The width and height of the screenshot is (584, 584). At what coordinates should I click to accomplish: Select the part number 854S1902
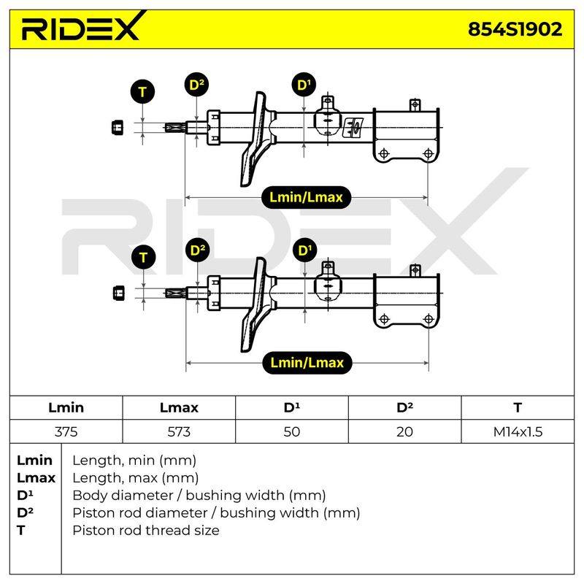[515, 29]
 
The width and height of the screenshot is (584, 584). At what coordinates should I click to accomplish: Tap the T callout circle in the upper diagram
[142, 92]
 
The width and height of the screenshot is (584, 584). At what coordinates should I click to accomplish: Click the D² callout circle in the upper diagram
[196, 85]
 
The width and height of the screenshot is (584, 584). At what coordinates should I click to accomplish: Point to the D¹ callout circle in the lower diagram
[304, 250]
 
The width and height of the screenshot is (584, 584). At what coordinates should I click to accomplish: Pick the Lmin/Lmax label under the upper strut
[306, 197]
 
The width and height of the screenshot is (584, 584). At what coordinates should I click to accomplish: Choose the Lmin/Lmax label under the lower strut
[307, 362]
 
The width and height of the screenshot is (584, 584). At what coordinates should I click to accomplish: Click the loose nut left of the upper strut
[118, 127]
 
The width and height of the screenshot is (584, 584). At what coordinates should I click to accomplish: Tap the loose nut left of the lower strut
[118, 293]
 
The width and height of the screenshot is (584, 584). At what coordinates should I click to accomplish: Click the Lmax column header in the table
[179, 407]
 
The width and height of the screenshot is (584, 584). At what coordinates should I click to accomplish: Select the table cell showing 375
[66, 431]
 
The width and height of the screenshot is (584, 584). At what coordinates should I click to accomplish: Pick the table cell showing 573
[179, 431]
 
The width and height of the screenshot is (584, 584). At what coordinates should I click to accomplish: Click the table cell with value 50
[291, 431]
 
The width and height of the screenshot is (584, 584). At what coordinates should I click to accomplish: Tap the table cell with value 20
[404, 431]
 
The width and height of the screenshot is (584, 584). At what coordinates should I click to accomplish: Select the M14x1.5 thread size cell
[518, 431]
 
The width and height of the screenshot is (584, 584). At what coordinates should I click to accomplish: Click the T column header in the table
[518, 407]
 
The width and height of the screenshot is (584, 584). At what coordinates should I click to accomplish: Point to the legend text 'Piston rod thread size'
[145, 530]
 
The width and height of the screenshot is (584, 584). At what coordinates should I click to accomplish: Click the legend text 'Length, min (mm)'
[134, 461]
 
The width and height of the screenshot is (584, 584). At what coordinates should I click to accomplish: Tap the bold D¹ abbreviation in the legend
[25, 495]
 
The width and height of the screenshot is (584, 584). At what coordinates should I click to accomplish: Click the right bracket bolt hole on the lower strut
[429, 319]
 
